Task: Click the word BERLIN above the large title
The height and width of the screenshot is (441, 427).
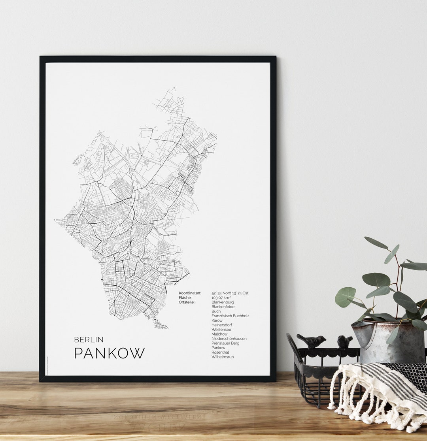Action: pyautogui.click(x=89, y=339)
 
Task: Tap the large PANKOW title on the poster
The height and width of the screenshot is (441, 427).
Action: pyautogui.click(x=109, y=353)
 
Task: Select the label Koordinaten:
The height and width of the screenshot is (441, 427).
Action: pyautogui.click(x=189, y=293)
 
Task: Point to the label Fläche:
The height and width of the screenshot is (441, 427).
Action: pyautogui.click(x=185, y=298)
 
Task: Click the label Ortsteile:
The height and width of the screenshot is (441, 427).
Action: pyautogui.click(x=187, y=302)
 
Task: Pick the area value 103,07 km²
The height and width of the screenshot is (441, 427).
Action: pyautogui.click(x=221, y=298)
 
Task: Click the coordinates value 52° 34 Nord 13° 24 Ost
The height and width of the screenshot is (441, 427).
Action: pyautogui.click(x=230, y=293)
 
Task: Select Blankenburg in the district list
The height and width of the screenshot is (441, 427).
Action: pyautogui.click(x=222, y=302)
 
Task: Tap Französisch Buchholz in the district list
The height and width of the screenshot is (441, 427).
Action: pyautogui.click(x=230, y=316)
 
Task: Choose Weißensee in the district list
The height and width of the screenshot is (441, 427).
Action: pyautogui.click(x=221, y=330)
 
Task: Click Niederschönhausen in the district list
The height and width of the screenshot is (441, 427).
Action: pyautogui.click(x=229, y=339)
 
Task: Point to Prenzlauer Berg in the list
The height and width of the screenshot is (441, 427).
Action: pyautogui.click(x=225, y=343)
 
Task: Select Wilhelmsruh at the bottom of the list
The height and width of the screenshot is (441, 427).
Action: pyautogui.click(x=222, y=357)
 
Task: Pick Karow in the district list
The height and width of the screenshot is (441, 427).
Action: pyautogui.click(x=217, y=320)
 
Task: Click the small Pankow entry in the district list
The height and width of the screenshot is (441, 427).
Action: pyautogui.click(x=218, y=348)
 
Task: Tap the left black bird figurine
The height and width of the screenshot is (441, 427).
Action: pyautogui.click(x=312, y=340)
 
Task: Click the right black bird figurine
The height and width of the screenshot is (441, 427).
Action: pyautogui.click(x=344, y=341)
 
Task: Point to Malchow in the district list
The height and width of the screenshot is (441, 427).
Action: pyautogui.click(x=219, y=334)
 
